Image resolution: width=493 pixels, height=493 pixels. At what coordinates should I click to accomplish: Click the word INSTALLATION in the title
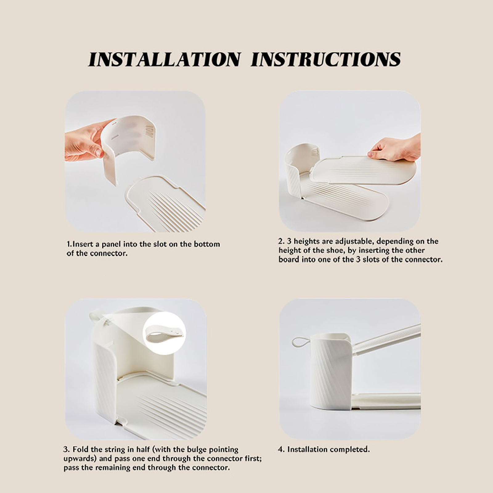click(x=164, y=59)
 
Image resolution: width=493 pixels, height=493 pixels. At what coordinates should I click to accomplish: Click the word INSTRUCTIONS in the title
click(x=326, y=59)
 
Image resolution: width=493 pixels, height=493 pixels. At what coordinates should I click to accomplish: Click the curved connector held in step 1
click(x=129, y=142)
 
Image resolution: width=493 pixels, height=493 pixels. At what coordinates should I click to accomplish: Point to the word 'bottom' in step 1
click(x=207, y=244)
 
